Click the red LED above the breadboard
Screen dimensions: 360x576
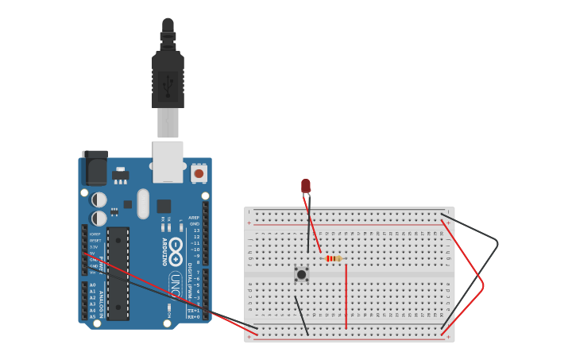click(x=306, y=186)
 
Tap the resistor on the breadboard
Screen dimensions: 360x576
click(x=334, y=258)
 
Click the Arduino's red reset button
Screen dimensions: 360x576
click(x=199, y=172)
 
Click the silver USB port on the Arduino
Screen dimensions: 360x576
click(x=168, y=162)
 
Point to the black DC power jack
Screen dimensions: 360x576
click(x=95, y=168)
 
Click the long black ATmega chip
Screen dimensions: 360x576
click(x=118, y=273)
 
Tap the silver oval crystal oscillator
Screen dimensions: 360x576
click(x=143, y=203)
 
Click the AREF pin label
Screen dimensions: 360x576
click(x=194, y=218)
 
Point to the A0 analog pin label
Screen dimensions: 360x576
click(x=92, y=285)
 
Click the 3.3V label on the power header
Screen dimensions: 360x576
click(x=93, y=247)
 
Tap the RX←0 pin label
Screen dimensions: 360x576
click(x=193, y=316)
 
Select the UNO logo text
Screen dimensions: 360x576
click(x=175, y=285)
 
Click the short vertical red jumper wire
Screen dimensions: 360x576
click(x=346, y=296)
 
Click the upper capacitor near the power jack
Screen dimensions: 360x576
click(x=99, y=199)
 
